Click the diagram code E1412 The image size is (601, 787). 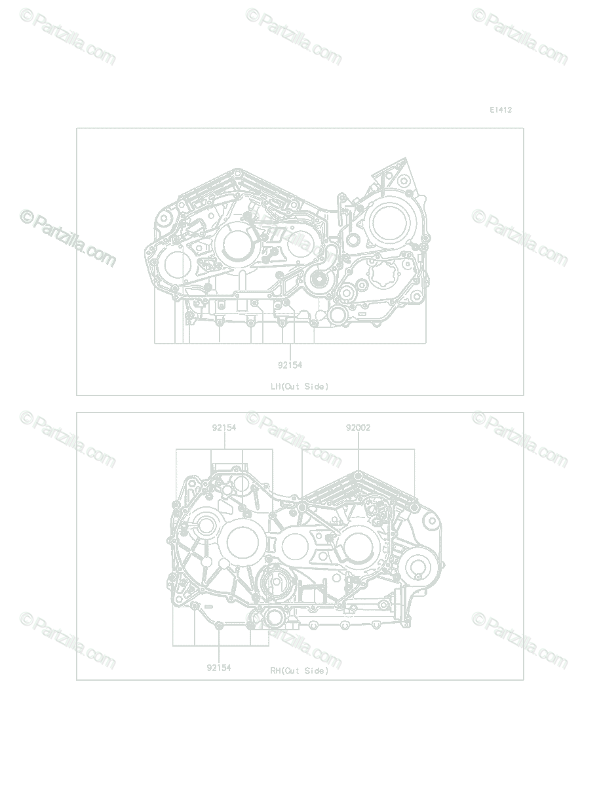pyautogui.click(x=501, y=110)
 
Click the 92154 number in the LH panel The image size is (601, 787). pyautogui.click(x=290, y=365)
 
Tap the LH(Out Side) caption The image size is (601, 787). pyautogui.click(x=300, y=386)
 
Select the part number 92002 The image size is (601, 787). pyautogui.click(x=358, y=428)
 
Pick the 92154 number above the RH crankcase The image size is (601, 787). pyautogui.click(x=224, y=428)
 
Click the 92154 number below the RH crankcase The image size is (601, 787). pyautogui.click(x=219, y=668)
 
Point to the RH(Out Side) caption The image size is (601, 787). pyautogui.click(x=300, y=670)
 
